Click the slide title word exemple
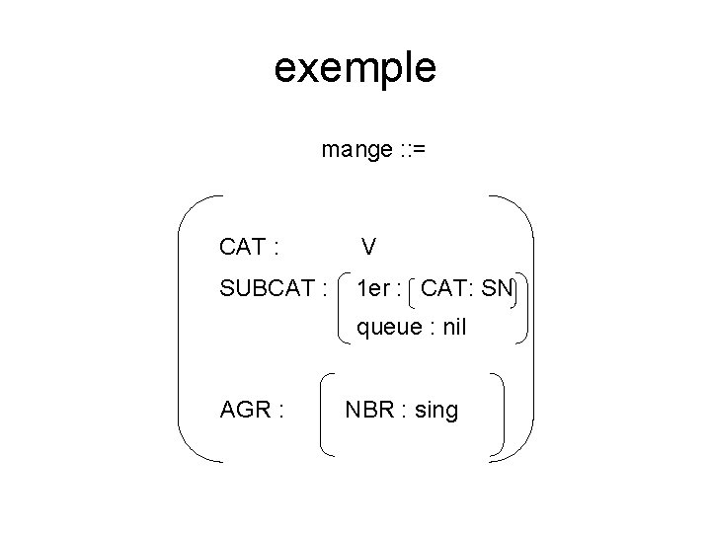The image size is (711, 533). [x=355, y=68]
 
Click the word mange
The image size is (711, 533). [x=356, y=150]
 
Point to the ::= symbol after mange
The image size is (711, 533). [x=412, y=150]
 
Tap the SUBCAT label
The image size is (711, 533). [x=268, y=290]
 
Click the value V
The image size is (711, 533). [x=368, y=246]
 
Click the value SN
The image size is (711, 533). [x=499, y=290]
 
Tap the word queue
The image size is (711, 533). [x=384, y=328]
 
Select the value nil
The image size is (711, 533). [x=453, y=328]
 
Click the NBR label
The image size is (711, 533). [x=369, y=410]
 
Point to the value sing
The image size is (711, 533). [x=435, y=410]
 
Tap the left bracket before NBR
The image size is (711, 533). [x=326, y=413]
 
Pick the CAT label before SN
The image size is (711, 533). [x=445, y=290]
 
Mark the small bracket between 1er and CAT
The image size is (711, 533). [x=411, y=290]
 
